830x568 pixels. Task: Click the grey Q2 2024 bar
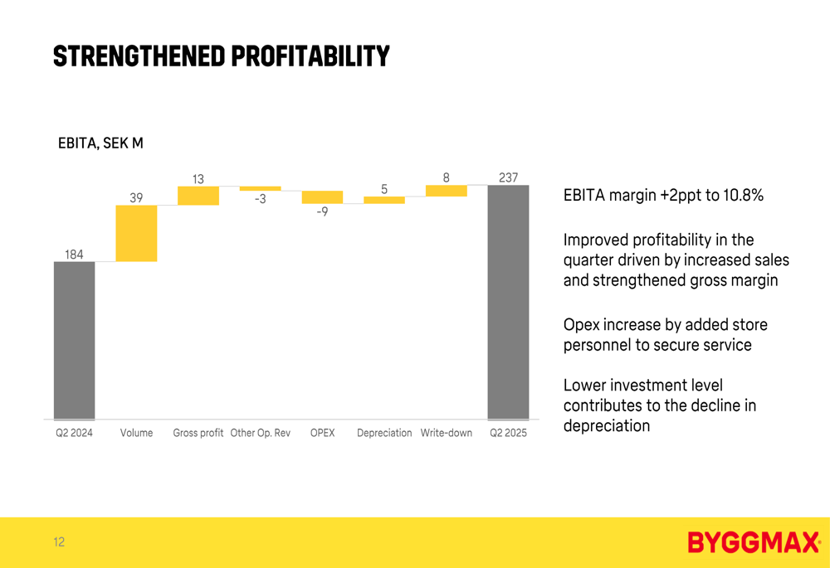[74, 340]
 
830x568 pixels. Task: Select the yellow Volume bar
[136, 233]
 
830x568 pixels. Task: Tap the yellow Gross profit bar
[198, 196]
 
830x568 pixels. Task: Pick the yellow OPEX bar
[322, 197]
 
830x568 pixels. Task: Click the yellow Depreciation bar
[384, 200]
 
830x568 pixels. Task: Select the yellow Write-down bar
[447, 191]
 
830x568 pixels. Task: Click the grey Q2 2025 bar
[508, 302]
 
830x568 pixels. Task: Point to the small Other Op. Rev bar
[261, 188]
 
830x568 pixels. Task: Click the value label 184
[74, 255]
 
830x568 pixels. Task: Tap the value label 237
[508, 177]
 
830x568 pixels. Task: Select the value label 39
[136, 197]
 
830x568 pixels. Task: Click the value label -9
[321, 212]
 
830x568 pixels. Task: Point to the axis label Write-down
[447, 433]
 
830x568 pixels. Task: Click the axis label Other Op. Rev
[261, 433]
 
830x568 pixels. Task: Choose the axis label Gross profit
[198, 433]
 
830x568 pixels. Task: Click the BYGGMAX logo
[754, 543]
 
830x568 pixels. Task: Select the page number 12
[59, 542]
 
